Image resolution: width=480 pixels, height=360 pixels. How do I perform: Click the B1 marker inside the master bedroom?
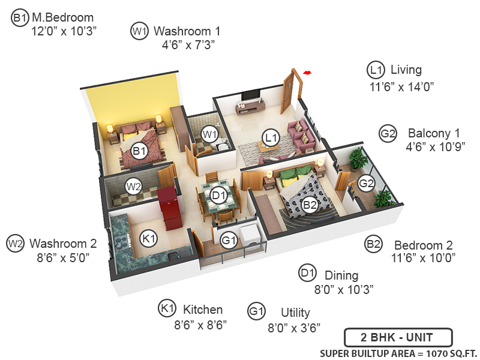tap(140, 151)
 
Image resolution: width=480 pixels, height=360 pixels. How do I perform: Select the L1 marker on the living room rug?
tap(271, 139)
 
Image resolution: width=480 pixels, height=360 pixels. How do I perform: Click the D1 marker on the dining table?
tap(218, 195)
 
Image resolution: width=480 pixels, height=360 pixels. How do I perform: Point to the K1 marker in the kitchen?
tap(149, 238)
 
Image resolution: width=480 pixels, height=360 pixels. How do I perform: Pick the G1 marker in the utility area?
tap(229, 241)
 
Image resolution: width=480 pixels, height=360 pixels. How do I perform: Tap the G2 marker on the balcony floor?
tap(366, 182)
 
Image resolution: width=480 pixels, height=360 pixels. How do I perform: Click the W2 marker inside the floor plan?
tap(133, 187)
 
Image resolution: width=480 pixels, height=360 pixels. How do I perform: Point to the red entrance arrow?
tap(307, 73)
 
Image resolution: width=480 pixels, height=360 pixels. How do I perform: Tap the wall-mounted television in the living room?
tap(251, 96)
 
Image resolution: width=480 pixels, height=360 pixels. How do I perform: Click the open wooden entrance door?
tap(291, 90)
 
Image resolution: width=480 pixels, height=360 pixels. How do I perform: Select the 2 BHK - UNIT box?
tap(398, 337)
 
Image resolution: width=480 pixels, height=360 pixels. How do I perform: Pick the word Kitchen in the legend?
tap(203, 310)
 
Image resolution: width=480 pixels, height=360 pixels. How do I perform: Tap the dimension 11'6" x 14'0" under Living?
tap(401, 86)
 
